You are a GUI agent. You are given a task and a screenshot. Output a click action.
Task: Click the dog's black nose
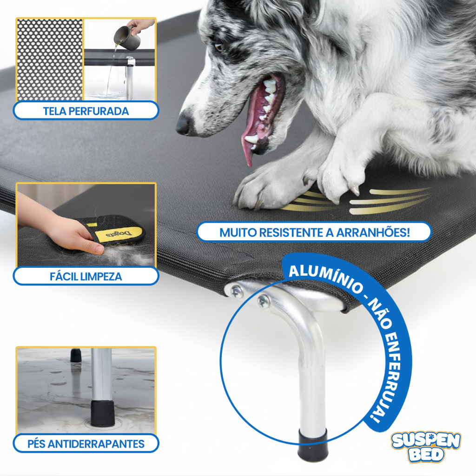184,124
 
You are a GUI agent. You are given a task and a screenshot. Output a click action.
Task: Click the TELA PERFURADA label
86,111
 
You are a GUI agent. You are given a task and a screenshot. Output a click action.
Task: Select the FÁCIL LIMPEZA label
86,276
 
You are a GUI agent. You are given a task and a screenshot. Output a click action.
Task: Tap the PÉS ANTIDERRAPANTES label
86,443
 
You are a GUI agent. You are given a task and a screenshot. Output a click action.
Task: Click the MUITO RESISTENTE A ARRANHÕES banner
314,232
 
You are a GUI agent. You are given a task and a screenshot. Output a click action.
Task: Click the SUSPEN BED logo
426,447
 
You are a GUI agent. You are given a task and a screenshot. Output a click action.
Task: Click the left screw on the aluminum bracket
236,292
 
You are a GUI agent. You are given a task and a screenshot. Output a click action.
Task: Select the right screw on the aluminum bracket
263,301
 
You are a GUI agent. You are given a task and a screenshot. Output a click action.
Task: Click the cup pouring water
127,37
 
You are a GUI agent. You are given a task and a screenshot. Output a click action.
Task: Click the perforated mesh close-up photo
50,59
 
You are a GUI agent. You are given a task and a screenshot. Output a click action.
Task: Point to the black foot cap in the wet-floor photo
102,413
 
